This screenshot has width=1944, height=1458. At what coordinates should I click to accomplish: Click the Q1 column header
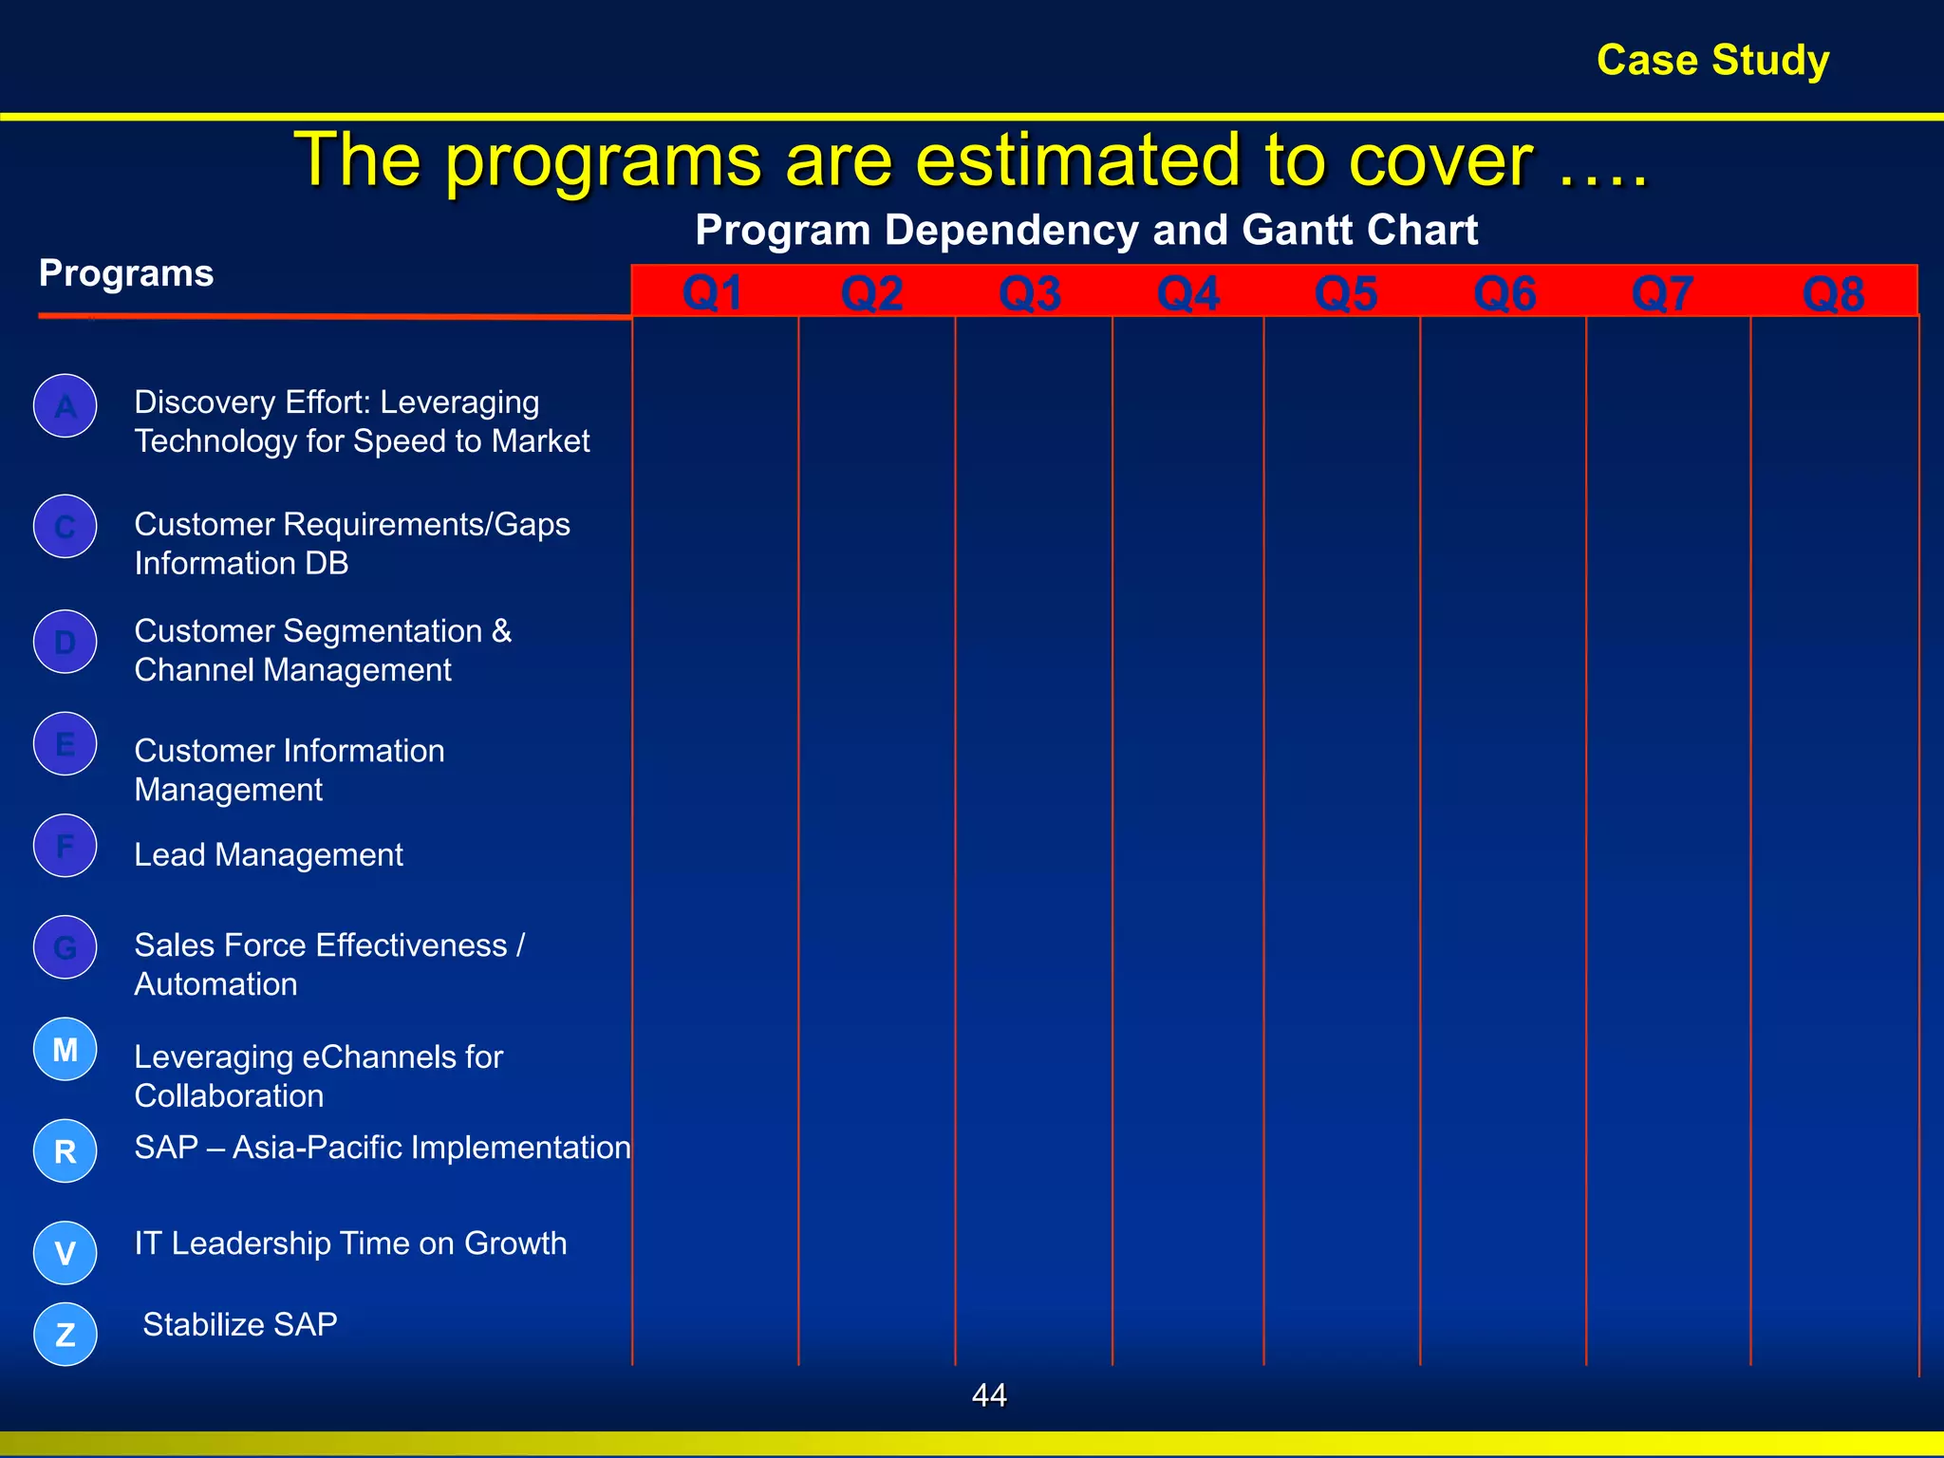coord(713,292)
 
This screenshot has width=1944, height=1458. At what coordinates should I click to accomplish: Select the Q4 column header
coord(1187,292)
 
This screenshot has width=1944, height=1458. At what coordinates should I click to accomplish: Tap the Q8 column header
coord(1833,293)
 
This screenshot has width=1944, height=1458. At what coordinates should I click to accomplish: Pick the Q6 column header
coord(1505,292)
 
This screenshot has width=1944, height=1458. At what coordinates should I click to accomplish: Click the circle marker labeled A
coord(65,406)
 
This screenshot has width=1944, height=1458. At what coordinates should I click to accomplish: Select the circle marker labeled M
coord(65,1049)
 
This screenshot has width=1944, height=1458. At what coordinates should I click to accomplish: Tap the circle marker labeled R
coord(65,1151)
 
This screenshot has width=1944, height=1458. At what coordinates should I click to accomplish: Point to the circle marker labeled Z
coord(65,1335)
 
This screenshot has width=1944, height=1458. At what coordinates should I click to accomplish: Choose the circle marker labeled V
coord(65,1253)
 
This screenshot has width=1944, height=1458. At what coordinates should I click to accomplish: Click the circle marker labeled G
coord(65,947)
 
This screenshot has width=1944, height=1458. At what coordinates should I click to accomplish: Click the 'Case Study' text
coord(1712,60)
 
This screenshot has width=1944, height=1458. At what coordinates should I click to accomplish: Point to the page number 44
coord(989,1394)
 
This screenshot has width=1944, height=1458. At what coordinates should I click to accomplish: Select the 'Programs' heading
coord(126,273)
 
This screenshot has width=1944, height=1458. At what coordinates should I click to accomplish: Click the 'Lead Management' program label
coord(269,855)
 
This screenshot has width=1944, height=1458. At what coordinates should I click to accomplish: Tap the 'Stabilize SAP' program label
coord(240,1324)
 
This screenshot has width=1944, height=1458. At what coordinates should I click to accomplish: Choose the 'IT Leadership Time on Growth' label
coord(350,1243)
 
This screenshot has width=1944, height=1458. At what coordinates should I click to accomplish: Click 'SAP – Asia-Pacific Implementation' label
coord(383,1148)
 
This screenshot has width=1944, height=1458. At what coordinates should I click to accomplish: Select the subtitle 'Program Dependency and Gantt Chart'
coord(1086,230)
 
